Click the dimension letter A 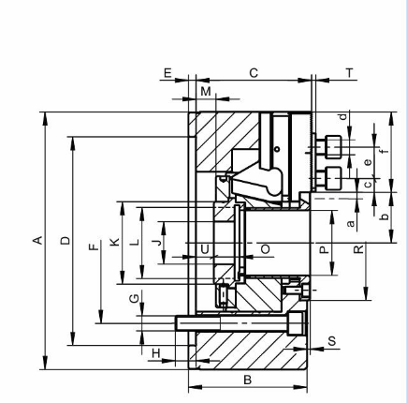point(37,240)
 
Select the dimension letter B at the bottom point(247,380)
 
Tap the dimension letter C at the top point(254,73)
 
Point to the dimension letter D point(65,241)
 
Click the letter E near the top point(167,73)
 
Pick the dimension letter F point(94,246)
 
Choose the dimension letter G point(134,299)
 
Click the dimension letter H point(156,353)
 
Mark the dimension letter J point(158,242)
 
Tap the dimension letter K point(115,242)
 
